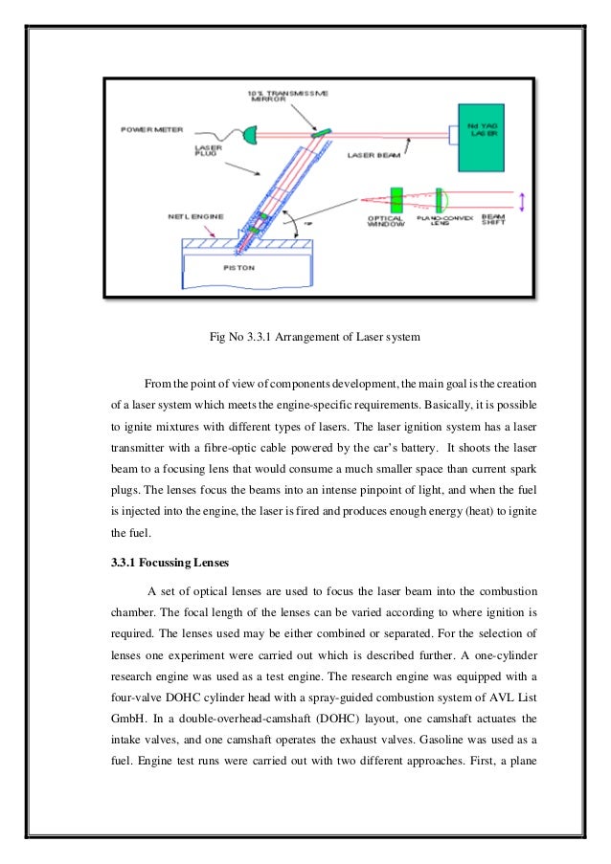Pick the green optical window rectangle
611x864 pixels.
(x=396, y=202)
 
